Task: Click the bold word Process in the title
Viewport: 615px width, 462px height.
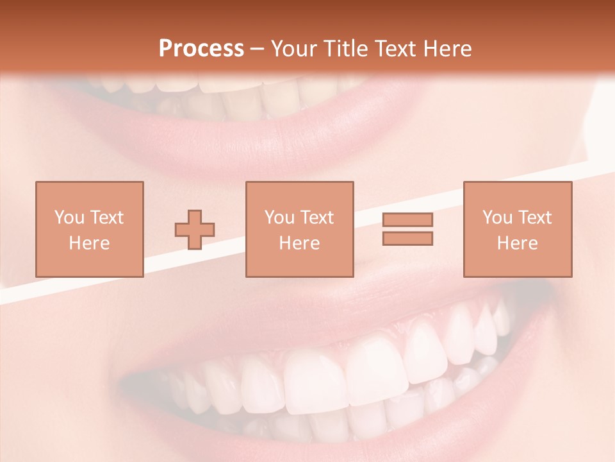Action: pyautogui.click(x=201, y=49)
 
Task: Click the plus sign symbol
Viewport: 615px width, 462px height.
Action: pyautogui.click(x=195, y=230)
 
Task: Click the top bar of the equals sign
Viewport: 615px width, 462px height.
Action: pyautogui.click(x=407, y=219)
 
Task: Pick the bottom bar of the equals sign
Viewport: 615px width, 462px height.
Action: pyautogui.click(x=407, y=239)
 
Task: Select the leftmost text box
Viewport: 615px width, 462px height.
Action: pyautogui.click(x=89, y=229)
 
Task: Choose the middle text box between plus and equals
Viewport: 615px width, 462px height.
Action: pyautogui.click(x=299, y=229)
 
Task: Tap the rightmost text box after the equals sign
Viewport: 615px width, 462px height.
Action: pyautogui.click(x=518, y=229)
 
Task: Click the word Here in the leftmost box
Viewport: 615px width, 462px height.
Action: pyautogui.click(x=89, y=243)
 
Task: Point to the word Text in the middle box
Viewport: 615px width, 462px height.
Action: pyautogui.click(x=316, y=218)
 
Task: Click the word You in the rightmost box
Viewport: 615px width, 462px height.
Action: pyautogui.click(x=498, y=218)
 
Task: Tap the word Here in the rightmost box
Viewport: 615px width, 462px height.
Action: pyautogui.click(x=518, y=243)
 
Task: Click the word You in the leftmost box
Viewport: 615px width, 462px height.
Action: pyautogui.click(x=70, y=218)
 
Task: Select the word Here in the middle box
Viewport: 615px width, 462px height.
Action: pyautogui.click(x=299, y=243)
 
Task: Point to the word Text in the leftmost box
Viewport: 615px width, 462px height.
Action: pyautogui.click(x=106, y=218)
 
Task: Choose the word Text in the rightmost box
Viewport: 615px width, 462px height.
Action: pyautogui.click(x=535, y=218)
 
